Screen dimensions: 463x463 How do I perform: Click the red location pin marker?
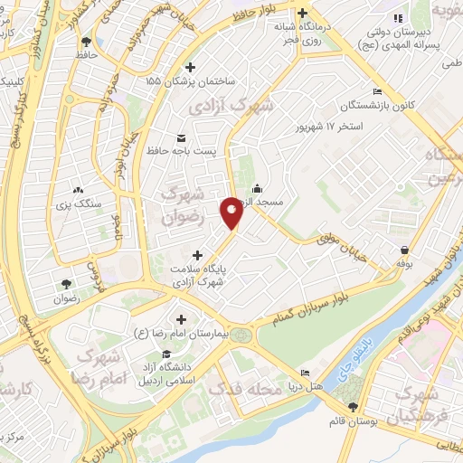231,213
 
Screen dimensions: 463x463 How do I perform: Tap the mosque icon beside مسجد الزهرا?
258,188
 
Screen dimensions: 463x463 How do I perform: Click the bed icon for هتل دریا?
305,373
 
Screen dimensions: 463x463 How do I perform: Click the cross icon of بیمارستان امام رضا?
182,319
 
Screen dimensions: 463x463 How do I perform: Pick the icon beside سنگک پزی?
79,191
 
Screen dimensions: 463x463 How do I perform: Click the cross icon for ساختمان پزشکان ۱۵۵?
189,67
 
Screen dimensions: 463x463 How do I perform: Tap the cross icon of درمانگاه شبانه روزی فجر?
303,14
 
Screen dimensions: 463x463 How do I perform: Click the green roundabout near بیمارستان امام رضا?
241,336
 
